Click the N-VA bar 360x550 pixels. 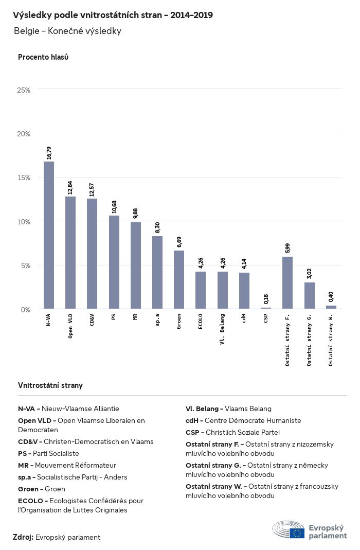click(49, 235)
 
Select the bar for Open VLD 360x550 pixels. click(70, 253)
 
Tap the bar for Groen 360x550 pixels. click(179, 279)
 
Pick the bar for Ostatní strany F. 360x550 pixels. click(287, 282)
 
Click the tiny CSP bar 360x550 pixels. click(266, 308)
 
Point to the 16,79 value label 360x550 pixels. click(49, 153)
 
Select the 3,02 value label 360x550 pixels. click(310, 274)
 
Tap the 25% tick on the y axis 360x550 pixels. click(24, 90)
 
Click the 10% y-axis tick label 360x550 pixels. click(24, 222)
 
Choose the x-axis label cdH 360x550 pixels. click(244, 318)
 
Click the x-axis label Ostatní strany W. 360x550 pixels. click(331, 339)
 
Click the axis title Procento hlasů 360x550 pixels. click(43, 57)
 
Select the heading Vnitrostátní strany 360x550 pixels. click(50, 385)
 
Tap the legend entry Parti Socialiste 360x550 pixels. click(48, 453)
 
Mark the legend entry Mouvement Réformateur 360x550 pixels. click(67, 465)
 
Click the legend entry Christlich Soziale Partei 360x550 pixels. click(232, 432)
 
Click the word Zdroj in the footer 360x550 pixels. click(23, 537)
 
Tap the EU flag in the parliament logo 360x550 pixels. click(297, 533)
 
